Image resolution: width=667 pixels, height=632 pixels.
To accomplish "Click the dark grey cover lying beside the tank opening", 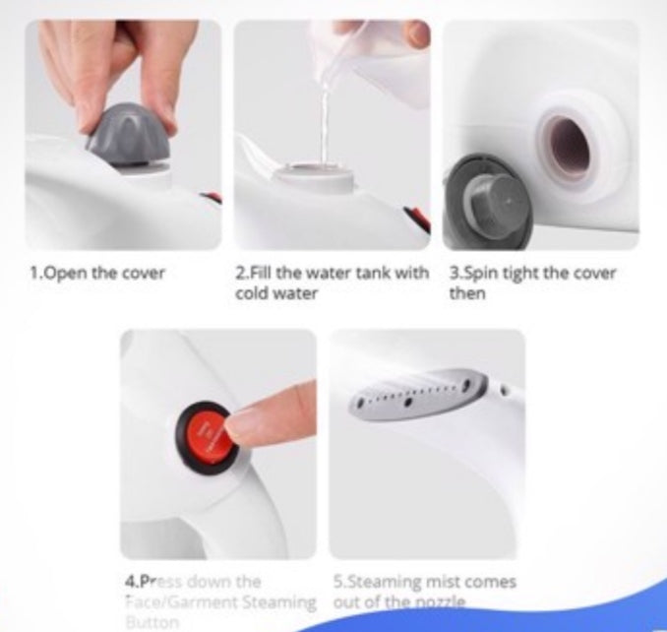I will (x=489, y=208).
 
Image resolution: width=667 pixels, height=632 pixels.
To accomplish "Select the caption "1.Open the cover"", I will (x=96, y=273).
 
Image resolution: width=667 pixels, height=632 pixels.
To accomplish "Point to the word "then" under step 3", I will (x=467, y=293).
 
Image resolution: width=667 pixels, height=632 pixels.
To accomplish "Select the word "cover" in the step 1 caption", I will (x=144, y=273).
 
